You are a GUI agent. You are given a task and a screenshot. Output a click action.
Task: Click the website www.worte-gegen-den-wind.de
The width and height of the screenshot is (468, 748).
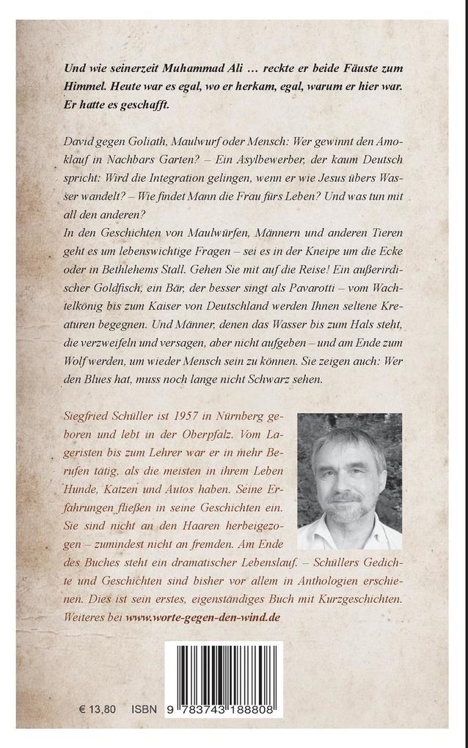[x=202, y=618]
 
